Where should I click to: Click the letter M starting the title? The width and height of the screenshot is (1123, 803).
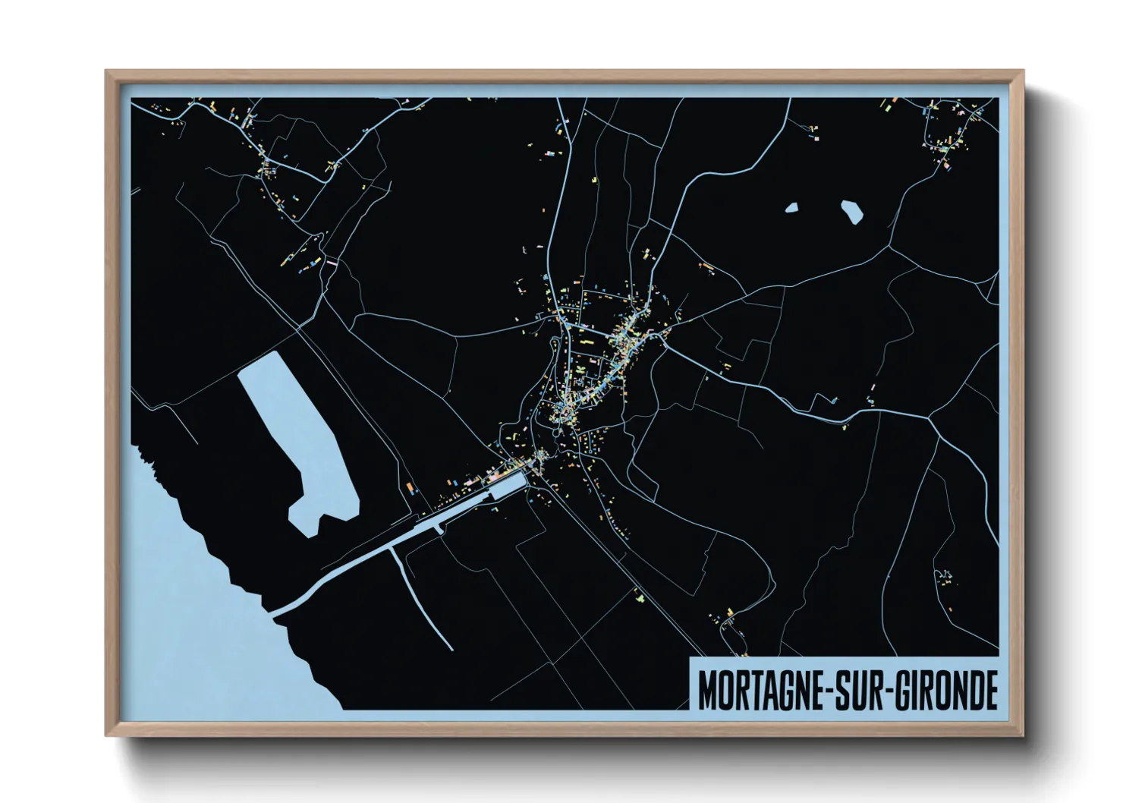(x=707, y=689)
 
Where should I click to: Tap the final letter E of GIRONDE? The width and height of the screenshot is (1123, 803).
(x=990, y=689)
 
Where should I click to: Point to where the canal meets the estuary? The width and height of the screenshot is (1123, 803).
(x=278, y=609)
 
